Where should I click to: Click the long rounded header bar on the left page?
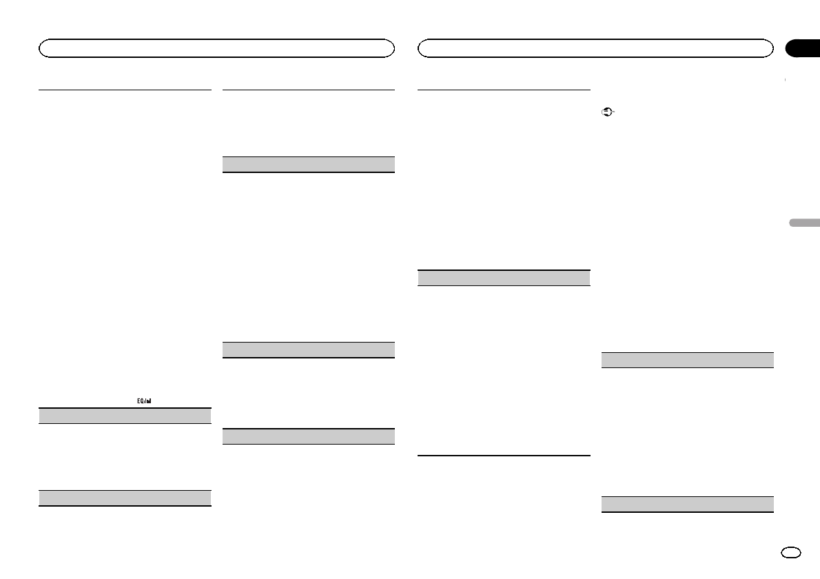click(x=216, y=48)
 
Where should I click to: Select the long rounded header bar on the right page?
click(x=595, y=48)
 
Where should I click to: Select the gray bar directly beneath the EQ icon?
click(x=124, y=415)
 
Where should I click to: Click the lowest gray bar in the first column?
click(x=124, y=498)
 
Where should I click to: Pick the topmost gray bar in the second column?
click(x=309, y=164)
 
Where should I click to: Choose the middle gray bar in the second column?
click(x=309, y=349)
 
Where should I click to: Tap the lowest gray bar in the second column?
click(x=309, y=436)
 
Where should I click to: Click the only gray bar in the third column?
click(x=504, y=278)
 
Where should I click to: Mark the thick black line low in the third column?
click(x=504, y=455)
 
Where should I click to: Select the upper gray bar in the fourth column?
click(x=687, y=360)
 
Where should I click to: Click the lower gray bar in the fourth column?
click(x=687, y=504)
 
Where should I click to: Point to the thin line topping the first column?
click(x=124, y=89)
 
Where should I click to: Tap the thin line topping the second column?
click(x=309, y=90)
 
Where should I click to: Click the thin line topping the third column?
click(x=504, y=89)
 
